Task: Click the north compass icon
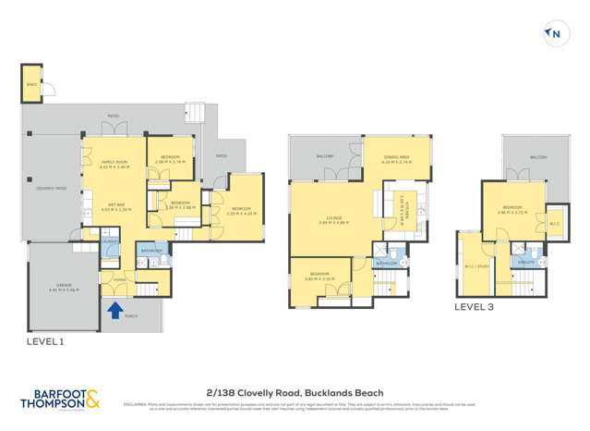click(555, 35)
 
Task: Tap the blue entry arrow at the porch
click(114, 311)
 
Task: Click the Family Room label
click(114, 164)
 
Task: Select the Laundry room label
click(110, 241)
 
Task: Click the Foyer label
click(119, 278)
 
